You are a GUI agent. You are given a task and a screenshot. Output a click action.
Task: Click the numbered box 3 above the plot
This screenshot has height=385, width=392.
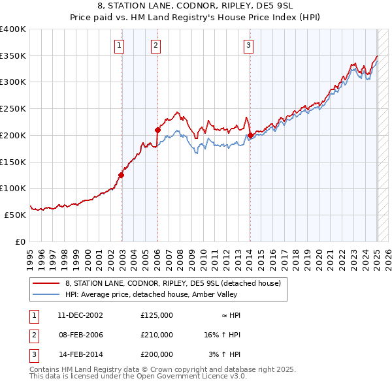pos(250,45)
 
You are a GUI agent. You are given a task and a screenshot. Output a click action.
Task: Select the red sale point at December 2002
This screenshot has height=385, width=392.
pos(122,174)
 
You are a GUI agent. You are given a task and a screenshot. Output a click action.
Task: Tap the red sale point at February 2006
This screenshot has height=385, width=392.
pos(157,130)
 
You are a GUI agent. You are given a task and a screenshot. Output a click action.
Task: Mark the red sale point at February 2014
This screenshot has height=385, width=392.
pos(250,135)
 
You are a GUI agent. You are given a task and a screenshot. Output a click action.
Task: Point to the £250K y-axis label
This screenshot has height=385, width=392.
pos(12,108)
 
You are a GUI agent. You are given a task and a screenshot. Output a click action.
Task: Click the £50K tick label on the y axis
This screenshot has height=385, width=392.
pos(15,215)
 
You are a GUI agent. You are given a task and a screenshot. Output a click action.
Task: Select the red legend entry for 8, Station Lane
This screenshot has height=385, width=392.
pos(172,283)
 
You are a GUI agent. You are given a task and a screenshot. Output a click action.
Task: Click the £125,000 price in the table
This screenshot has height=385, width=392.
pos(157,315)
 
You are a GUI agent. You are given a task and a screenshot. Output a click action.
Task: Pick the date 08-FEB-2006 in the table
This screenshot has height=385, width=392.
pos(81,335)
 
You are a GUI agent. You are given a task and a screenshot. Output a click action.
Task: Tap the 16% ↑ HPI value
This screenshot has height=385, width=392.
pos(222,335)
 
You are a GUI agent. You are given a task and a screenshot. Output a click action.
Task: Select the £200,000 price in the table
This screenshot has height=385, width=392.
pos(157,354)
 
